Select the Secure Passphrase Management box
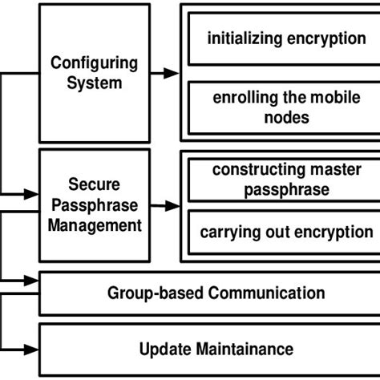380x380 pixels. pos(94,204)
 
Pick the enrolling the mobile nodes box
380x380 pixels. pos(286,107)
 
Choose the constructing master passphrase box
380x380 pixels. pos(286,180)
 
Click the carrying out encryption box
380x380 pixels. pos(286,232)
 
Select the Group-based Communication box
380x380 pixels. pos(216,293)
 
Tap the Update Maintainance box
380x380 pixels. pos(216,349)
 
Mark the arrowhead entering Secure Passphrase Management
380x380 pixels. pos(32,193)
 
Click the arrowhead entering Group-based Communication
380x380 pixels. pos(32,281)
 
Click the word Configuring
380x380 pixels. pos(94,63)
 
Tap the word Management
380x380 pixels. pos(95,224)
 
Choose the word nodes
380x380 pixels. pos(285,117)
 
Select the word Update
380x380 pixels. pos(163,349)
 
